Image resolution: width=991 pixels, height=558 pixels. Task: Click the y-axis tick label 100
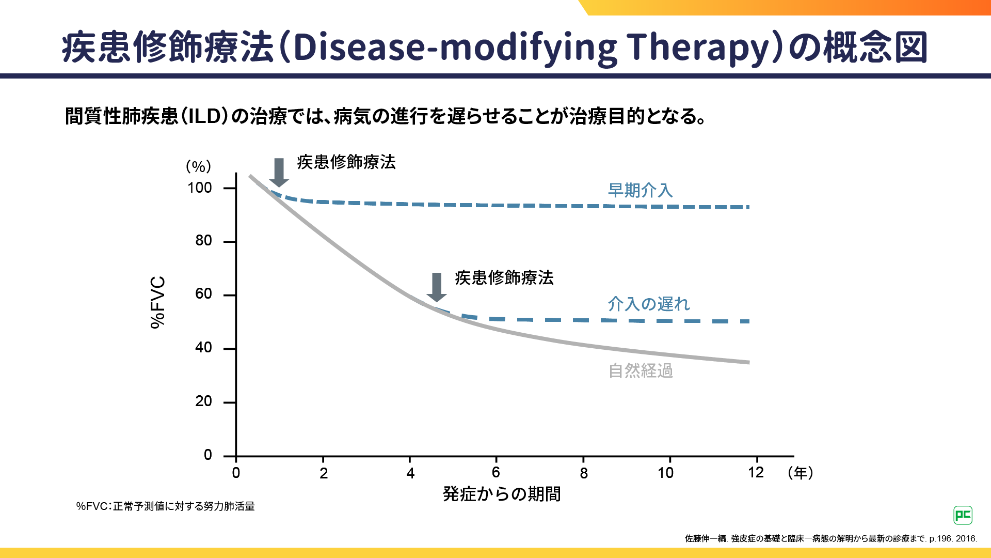(200, 188)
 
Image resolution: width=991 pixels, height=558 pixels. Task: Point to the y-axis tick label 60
(204, 294)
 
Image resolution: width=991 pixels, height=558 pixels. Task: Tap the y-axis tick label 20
(204, 401)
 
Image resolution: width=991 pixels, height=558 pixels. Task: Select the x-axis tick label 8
(584, 473)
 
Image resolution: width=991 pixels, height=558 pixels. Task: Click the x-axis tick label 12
(756, 473)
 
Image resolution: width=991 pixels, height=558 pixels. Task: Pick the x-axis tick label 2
(324, 473)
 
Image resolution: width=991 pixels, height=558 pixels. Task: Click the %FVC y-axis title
(158, 302)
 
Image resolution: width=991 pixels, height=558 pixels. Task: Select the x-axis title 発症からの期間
(502, 494)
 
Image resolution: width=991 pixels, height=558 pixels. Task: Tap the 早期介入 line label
(640, 191)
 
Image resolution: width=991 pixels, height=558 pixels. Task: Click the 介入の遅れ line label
(649, 304)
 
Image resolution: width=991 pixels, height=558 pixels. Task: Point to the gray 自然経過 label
(641, 371)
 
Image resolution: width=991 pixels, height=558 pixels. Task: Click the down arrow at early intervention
(279, 173)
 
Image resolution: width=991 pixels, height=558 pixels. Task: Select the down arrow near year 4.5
(437, 287)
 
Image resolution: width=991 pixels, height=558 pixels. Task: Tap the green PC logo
(963, 515)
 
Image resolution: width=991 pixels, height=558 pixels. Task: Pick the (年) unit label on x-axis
(801, 473)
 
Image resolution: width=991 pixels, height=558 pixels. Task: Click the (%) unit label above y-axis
(199, 167)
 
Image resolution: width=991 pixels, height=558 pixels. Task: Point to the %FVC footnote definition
(166, 506)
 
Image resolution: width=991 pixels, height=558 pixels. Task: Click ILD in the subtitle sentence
(205, 117)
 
